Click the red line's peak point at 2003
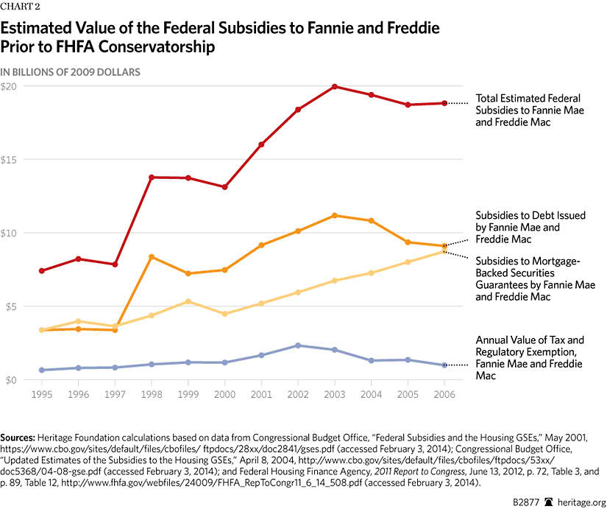point(335,87)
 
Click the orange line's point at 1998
point(152,257)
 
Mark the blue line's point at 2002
point(298,345)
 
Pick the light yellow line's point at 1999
point(188,301)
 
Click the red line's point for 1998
point(152,178)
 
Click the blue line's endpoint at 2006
point(444,365)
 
